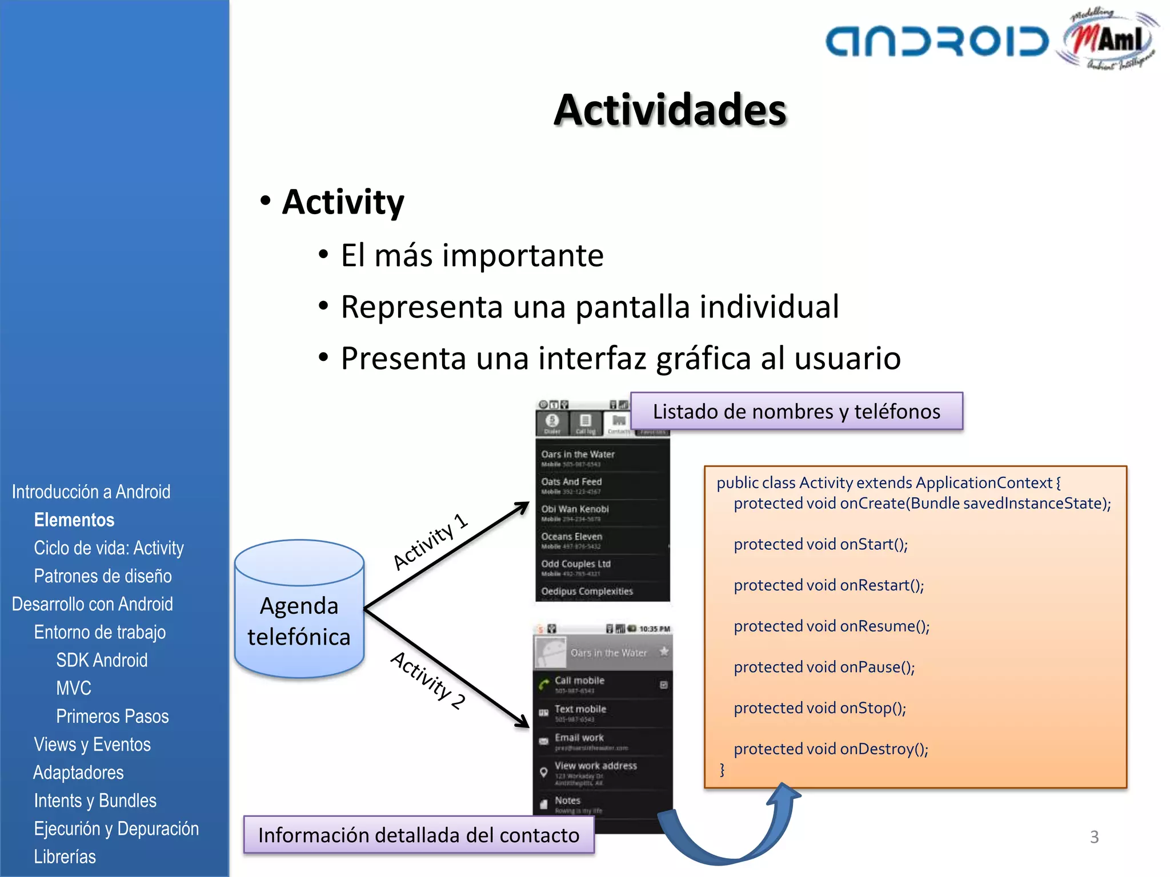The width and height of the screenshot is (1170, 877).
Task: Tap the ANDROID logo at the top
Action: (x=937, y=42)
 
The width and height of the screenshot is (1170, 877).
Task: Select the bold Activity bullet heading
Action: (x=343, y=202)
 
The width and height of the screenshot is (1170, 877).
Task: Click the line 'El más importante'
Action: (x=471, y=255)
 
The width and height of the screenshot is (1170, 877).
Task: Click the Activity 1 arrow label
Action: (x=430, y=541)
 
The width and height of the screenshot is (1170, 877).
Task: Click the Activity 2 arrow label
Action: (x=427, y=679)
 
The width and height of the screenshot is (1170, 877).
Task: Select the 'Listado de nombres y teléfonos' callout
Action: (x=796, y=411)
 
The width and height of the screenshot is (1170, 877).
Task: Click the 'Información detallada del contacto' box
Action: (x=418, y=835)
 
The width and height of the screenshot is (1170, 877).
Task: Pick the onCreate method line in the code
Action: (x=921, y=504)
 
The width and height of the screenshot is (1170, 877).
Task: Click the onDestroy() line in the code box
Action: (x=831, y=749)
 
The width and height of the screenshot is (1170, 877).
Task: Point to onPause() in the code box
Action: (x=824, y=667)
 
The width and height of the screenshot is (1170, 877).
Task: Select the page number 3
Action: (x=1094, y=837)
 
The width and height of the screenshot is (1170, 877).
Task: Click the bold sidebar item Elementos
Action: (x=74, y=520)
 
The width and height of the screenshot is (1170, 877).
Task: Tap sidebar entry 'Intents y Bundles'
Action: (x=95, y=800)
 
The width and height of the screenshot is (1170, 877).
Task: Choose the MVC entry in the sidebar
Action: (x=74, y=688)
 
